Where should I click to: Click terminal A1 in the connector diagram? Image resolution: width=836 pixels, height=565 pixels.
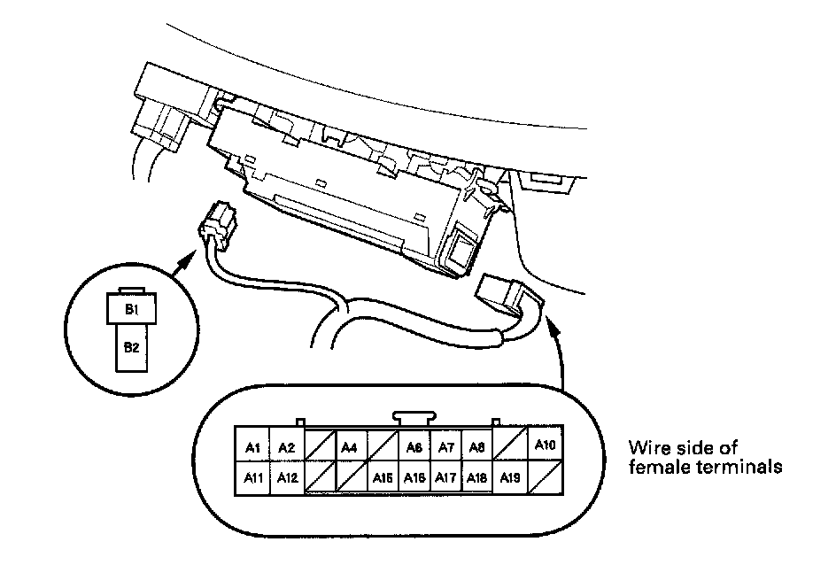[x=252, y=447]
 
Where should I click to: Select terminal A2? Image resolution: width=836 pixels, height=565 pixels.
[x=286, y=447]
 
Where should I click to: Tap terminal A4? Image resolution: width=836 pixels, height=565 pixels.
[x=350, y=447]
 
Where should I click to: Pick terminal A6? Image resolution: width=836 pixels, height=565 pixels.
[x=414, y=447]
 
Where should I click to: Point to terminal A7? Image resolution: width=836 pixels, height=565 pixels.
[x=446, y=447]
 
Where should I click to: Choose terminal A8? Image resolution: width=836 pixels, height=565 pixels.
[x=477, y=447]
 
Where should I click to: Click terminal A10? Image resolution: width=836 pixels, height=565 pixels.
[x=545, y=445]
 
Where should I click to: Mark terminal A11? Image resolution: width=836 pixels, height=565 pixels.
[x=252, y=478]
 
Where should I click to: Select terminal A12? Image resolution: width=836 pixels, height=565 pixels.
[x=286, y=478]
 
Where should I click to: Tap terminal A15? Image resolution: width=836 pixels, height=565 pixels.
[x=383, y=478]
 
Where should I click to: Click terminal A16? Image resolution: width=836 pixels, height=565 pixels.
[x=414, y=478]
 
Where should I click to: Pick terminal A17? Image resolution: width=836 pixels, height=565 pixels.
[x=446, y=478]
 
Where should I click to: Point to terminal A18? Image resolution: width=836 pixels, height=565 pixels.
[x=477, y=478]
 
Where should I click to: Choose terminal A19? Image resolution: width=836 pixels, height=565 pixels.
[x=510, y=478]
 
